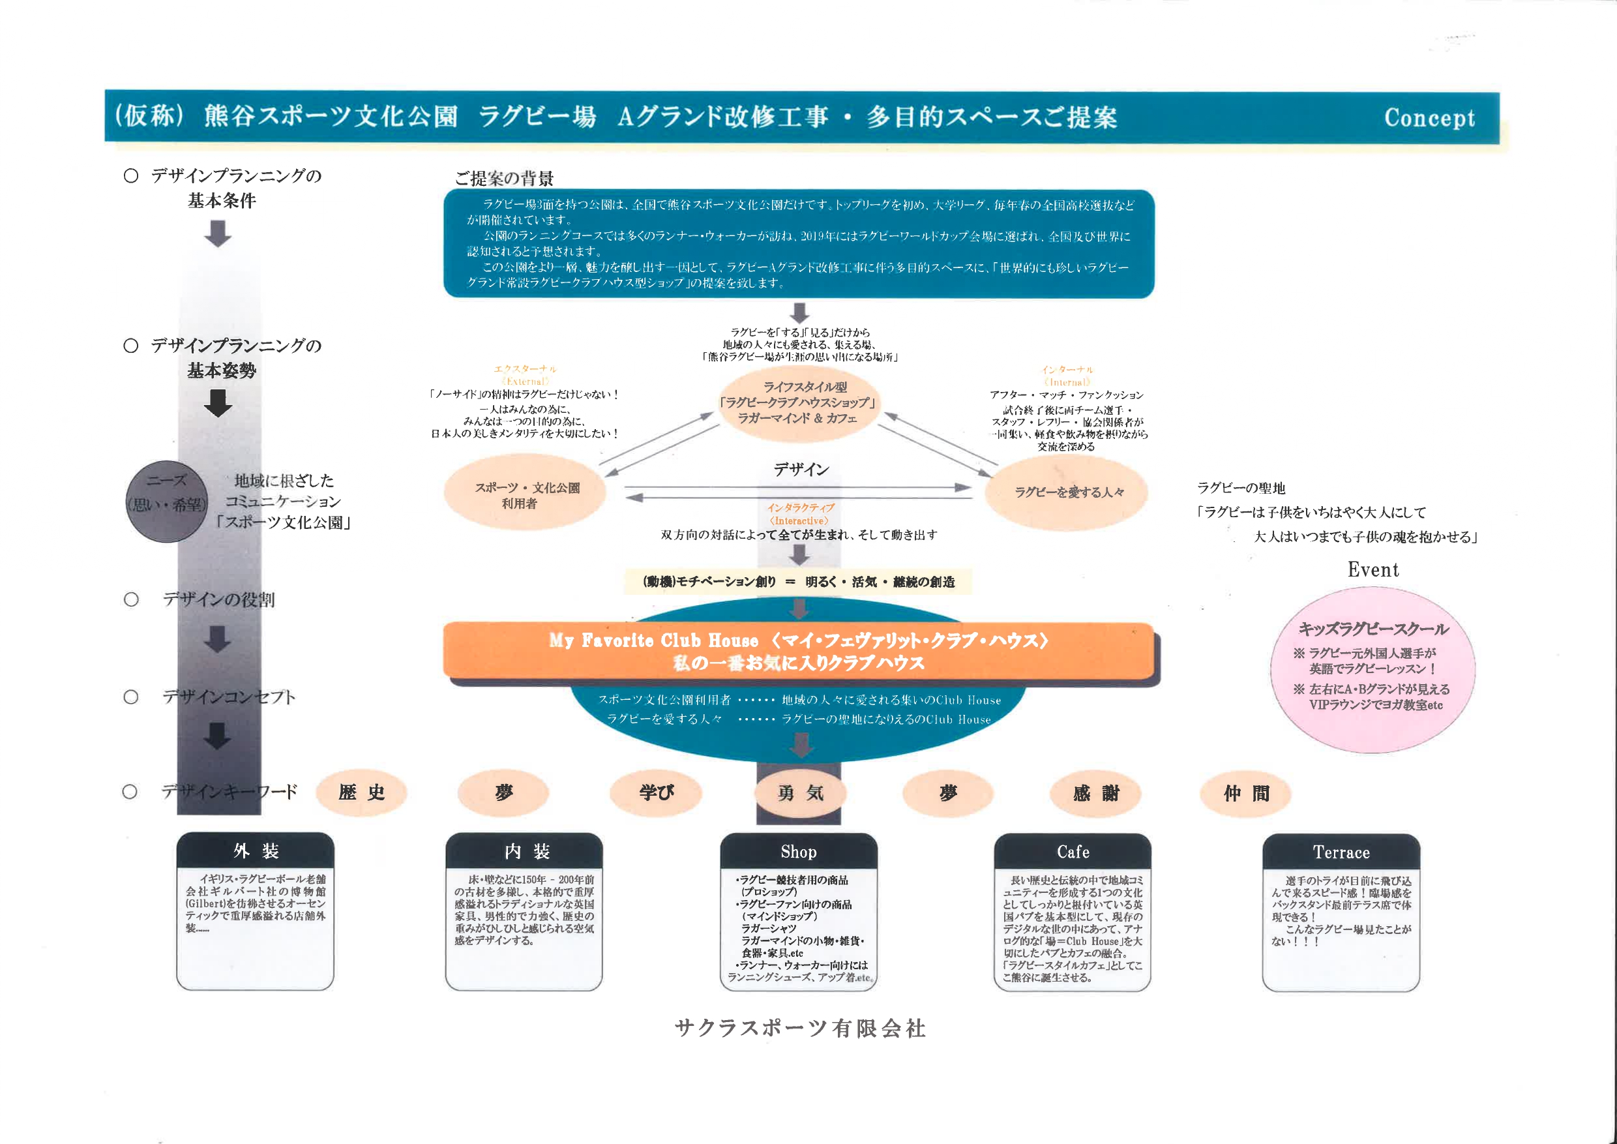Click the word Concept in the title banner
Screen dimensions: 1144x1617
tap(1429, 117)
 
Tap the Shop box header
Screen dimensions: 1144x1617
tap(798, 852)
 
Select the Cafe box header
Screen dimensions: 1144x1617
tap(1072, 852)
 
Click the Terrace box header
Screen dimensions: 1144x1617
tap(1341, 852)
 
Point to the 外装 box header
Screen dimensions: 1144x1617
tap(255, 851)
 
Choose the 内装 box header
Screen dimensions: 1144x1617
tap(525, 852)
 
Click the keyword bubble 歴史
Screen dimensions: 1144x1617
tap(361, 792)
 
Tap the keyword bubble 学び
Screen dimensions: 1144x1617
tap(656, 792)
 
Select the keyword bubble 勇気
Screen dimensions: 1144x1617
tap(800, 793)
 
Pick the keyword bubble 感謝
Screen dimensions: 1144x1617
tap(1095, 794)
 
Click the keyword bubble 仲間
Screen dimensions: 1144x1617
tap(1246, 794)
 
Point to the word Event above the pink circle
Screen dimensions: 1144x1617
tap(1372, 569)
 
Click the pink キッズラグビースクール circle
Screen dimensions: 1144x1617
tap(1372, 670)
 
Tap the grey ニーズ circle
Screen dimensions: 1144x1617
tap(167, 501)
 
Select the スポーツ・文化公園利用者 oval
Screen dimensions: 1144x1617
tap(525, 493)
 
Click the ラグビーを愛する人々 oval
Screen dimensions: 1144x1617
tap(1067, 492)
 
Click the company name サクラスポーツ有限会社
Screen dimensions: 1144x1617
tap(800, 1029)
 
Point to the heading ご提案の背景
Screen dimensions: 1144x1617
tap(503, 178)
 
